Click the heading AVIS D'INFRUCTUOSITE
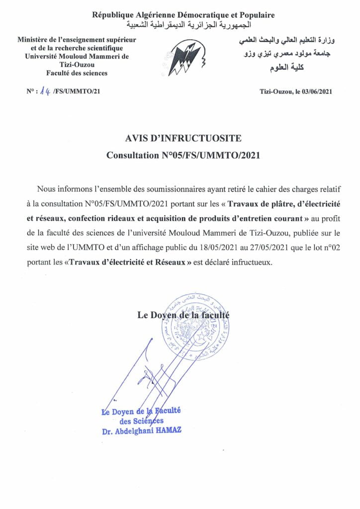point(183,138)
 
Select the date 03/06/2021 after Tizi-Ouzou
point(313,91)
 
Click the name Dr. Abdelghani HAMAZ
point(142,431)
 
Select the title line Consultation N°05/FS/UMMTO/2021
point(183,155)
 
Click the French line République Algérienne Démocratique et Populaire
point(183,15)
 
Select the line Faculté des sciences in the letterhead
point(77,73)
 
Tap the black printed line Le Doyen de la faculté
point(183,314)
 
